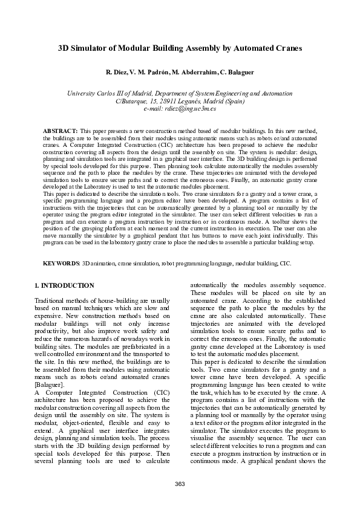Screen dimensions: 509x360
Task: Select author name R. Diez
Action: (x=116, y=73)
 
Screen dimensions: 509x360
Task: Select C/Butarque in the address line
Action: (x=131, y=102)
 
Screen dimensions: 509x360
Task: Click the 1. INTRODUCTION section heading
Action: (x=64, y=285)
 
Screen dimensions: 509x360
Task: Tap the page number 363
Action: (x=180, y=484)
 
